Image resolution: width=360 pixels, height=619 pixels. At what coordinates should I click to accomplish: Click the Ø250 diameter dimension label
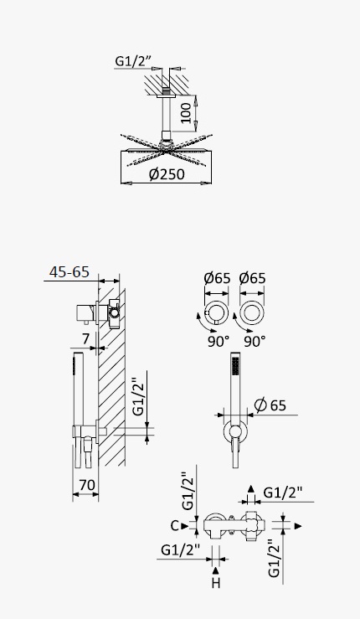coord(167,174)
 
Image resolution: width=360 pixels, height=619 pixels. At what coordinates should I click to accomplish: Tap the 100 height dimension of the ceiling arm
coord(187,112)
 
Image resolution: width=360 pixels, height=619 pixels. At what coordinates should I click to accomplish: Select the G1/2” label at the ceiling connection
coord(133,61)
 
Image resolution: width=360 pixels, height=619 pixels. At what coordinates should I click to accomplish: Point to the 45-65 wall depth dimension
coord(69,272)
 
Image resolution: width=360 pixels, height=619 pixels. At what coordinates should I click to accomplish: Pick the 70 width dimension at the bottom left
coord(88,485)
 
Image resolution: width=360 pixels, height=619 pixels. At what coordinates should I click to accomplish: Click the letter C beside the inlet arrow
coord(175,526)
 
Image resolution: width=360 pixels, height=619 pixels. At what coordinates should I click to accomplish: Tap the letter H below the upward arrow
coord(215,583)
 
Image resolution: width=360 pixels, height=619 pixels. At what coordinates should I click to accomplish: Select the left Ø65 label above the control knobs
coord(217,278)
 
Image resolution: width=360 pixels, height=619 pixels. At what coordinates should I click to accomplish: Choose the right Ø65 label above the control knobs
coord(253,278)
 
